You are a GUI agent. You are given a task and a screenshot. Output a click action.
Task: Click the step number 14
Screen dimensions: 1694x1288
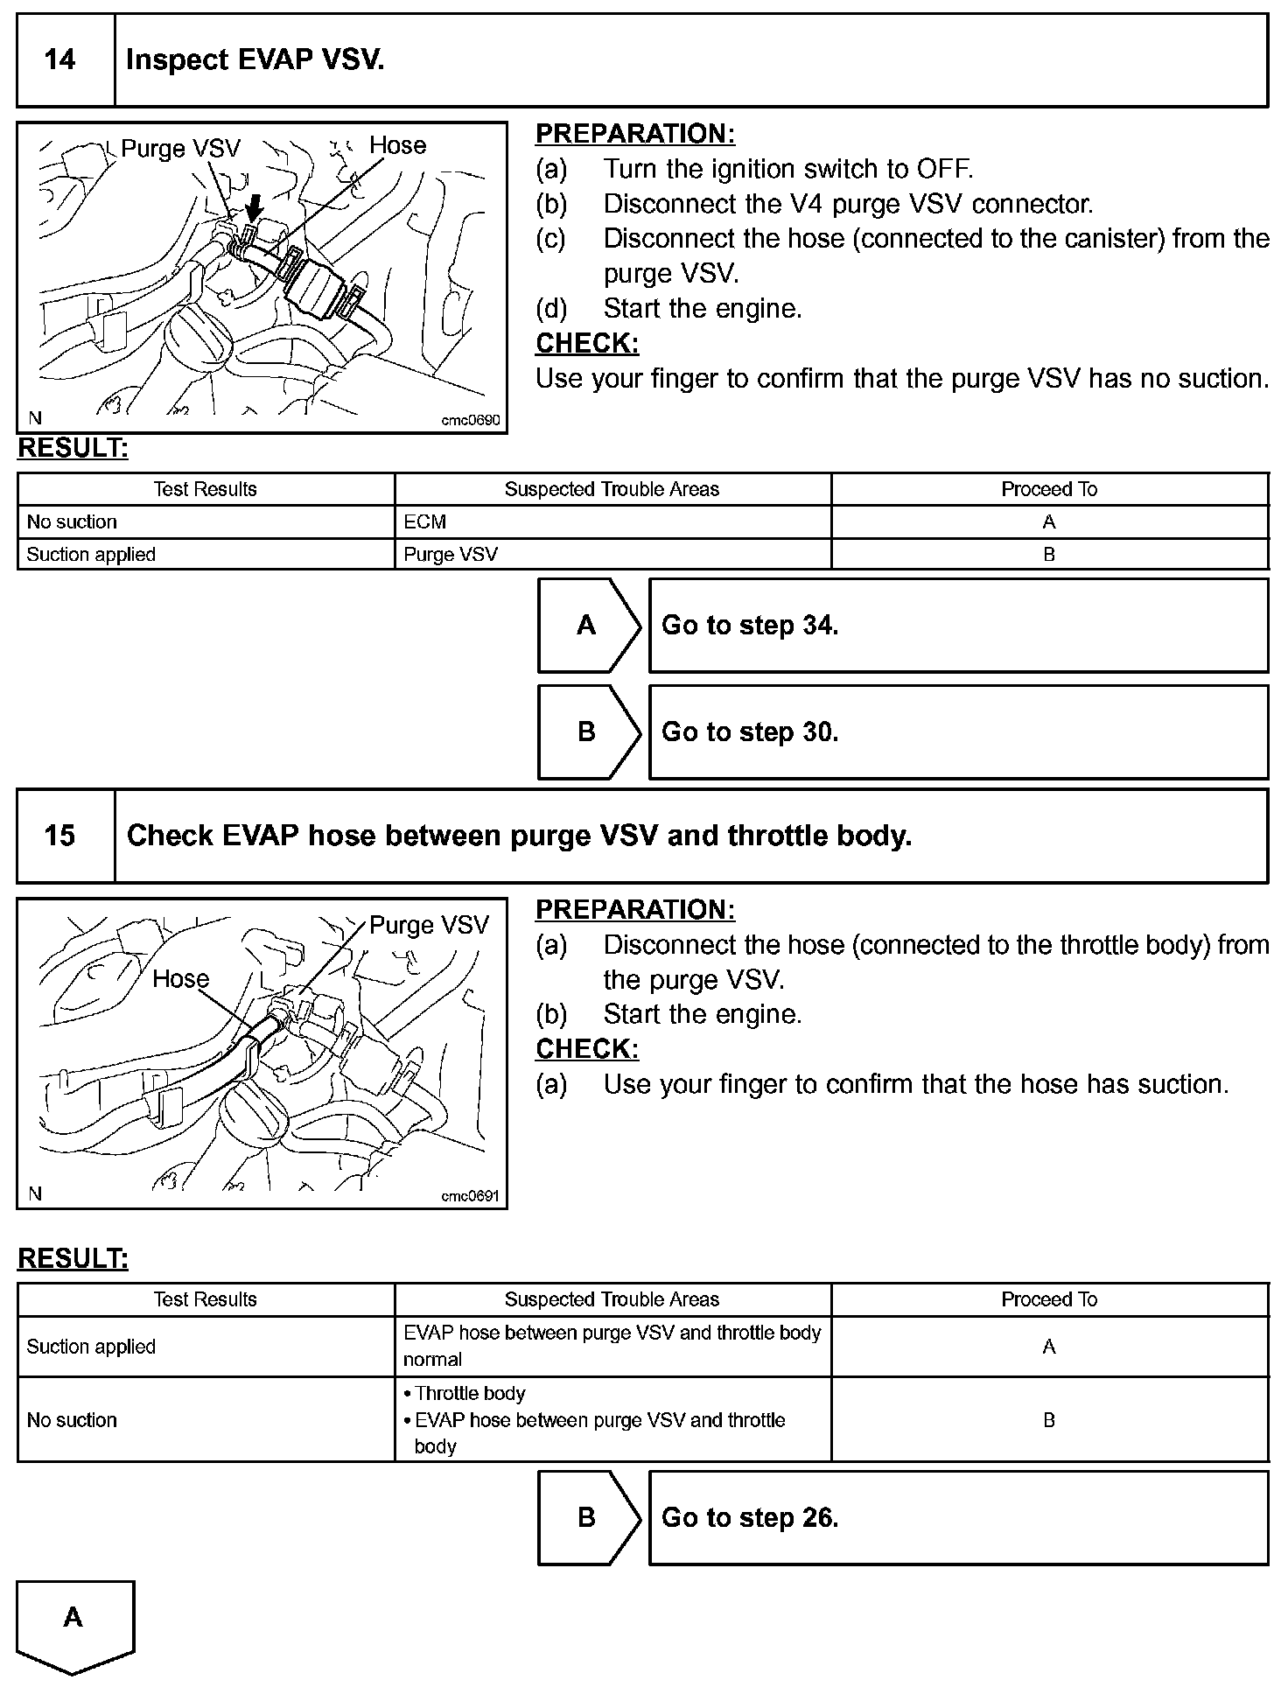tap(59, 59)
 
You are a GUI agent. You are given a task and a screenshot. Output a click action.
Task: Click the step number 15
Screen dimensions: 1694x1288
tap(59, 836)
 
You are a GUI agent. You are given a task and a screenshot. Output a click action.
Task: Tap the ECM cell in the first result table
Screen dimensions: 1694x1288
tap(425, 522)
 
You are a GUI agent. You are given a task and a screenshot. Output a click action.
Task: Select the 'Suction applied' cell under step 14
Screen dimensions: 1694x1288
tap(91, 555)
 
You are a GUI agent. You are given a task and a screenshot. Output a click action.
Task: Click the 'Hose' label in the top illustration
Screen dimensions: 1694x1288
tap(397, 145)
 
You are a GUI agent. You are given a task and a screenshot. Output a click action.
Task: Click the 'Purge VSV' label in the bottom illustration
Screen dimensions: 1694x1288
tap(429, 926)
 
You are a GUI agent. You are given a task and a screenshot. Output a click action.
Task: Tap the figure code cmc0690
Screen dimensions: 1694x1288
tap(471, 420)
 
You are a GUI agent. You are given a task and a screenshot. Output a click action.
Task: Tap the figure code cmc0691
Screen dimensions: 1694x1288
tap(471, 1196)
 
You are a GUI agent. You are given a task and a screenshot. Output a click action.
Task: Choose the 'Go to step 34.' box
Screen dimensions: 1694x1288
tap(957, 626)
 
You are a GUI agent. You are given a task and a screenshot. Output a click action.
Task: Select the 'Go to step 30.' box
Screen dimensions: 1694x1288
tap(957, 732)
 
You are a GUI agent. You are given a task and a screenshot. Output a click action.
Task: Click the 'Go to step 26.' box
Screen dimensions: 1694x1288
tap(957, 1517)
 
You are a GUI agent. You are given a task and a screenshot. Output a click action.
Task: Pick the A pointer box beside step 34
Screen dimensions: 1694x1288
tap(587, 626)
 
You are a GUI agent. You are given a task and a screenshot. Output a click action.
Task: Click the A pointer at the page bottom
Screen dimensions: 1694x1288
tap(74, 1618)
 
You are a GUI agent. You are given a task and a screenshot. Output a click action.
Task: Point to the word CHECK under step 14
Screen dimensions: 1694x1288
tap(587, 344)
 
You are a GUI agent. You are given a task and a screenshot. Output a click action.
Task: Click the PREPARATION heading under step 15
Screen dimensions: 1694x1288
tap(635, 910)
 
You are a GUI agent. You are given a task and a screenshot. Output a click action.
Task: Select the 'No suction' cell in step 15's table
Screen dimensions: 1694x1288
tap(72, 1420)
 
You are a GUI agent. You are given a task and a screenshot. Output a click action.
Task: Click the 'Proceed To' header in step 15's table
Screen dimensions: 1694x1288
tap(1049, 1299)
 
